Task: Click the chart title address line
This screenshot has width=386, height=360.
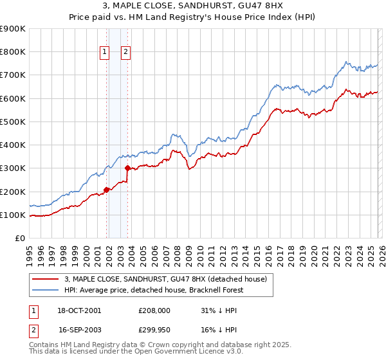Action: pyautogui.click(x=193, y=7)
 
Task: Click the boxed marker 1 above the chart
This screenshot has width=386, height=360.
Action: pyautogui.click(x=104, y=53)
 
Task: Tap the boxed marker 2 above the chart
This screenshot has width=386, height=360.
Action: pyautogui.click(x=125, y=53)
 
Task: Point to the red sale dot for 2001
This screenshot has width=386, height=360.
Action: pyautogui.click(x=106, y=190)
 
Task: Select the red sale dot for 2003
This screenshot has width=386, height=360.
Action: pyautogui.click(x=128, y=168)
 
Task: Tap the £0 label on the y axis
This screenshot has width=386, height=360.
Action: pyautogui.click(x=19, y=238)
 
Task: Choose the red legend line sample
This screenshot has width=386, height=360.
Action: pyautogui.click(x=45, y=278)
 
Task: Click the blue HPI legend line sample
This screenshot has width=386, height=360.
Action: pyautogui.click(x=45, y=289)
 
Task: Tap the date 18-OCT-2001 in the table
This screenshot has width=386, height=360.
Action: pyautogui.click(x=80, y=310)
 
